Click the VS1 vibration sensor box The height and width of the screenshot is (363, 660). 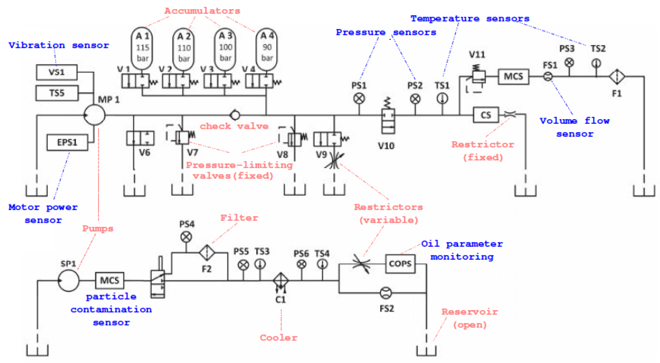coord(57,72)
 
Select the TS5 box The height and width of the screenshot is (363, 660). coord(57,93)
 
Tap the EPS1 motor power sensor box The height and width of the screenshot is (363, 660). coord(67,142)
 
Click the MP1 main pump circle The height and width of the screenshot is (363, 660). coord(95,115)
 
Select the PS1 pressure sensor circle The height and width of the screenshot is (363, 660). coord(359,99)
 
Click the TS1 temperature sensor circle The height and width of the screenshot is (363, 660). coord(442,99)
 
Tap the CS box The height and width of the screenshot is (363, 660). coord(486,115)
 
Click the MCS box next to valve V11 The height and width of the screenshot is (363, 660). coord(513,77)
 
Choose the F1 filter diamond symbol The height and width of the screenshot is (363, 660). coord(617,77)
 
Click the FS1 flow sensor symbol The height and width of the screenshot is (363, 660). coord(548,76)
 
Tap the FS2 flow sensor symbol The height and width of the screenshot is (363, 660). coord(386,293)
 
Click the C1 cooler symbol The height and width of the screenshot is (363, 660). coord(281,281)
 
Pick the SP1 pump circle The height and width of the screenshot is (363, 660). coord(69,281)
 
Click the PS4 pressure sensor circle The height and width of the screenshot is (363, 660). coord(186,237)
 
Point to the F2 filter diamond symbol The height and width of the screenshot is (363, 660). coord(207,252)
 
